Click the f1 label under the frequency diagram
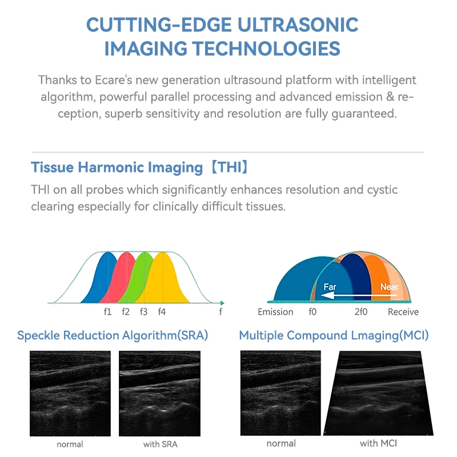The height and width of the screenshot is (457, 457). tap(107, 312)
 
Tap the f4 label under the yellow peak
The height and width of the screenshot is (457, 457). tap(162, 312)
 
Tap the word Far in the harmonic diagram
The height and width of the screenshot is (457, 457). tap(330, 286)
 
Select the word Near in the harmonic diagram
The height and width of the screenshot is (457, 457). tap(389, 286)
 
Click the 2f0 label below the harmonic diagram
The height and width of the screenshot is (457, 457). tap(361, 312)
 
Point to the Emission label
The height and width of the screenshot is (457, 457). tap(275, 312)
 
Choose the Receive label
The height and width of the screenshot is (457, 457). tap(403, 312)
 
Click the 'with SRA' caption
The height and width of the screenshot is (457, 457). tap(159, 444)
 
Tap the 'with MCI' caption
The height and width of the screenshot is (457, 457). tap(378, 443)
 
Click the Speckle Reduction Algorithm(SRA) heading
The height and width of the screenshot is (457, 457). tap(113, 336)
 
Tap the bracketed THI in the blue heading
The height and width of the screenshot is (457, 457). tap(228, 168)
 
